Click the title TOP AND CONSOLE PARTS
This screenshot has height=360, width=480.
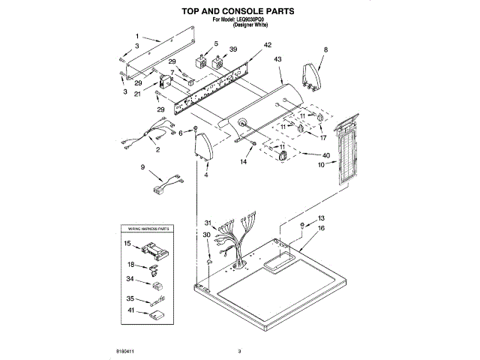point(239,11)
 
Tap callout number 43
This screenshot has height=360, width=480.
point(277,58)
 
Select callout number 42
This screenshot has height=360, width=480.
point(247,45)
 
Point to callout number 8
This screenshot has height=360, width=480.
point(325,50)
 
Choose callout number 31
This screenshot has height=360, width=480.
point(208,223)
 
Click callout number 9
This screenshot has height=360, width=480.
point(142,167)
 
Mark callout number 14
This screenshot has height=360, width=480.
point(243,161)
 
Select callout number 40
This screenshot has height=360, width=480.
point(325,155)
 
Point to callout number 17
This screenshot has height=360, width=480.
point(323,138)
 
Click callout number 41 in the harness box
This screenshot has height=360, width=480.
point(130,310)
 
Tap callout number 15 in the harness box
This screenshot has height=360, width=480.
point(127,244)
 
